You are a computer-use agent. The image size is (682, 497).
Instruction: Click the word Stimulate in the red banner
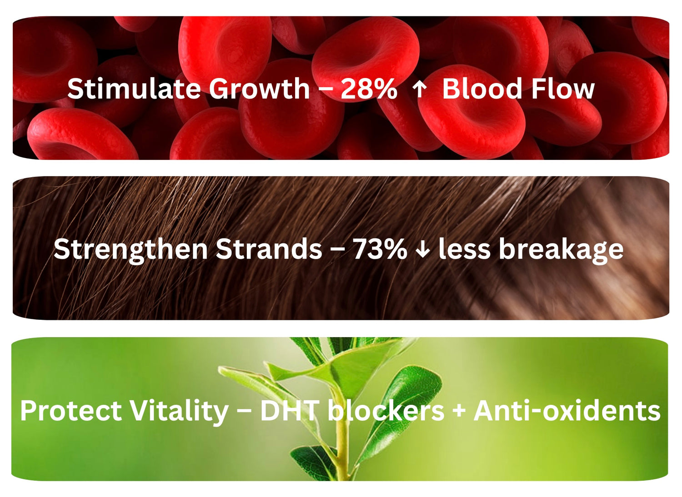coord(134,89)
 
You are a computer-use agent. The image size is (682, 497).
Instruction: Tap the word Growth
coord(260,89)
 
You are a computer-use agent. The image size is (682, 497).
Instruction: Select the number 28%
coord(369,89)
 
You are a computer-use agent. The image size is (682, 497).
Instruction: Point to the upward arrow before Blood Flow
coord(420,89)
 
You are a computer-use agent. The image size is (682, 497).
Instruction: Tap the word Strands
coord(269,249)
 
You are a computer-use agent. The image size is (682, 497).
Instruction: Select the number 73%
coord(380,249)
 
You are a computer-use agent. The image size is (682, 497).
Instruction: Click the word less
coord(464,249)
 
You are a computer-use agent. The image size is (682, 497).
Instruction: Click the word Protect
coord(71,411)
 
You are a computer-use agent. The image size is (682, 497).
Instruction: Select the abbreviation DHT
coord(290,411)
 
